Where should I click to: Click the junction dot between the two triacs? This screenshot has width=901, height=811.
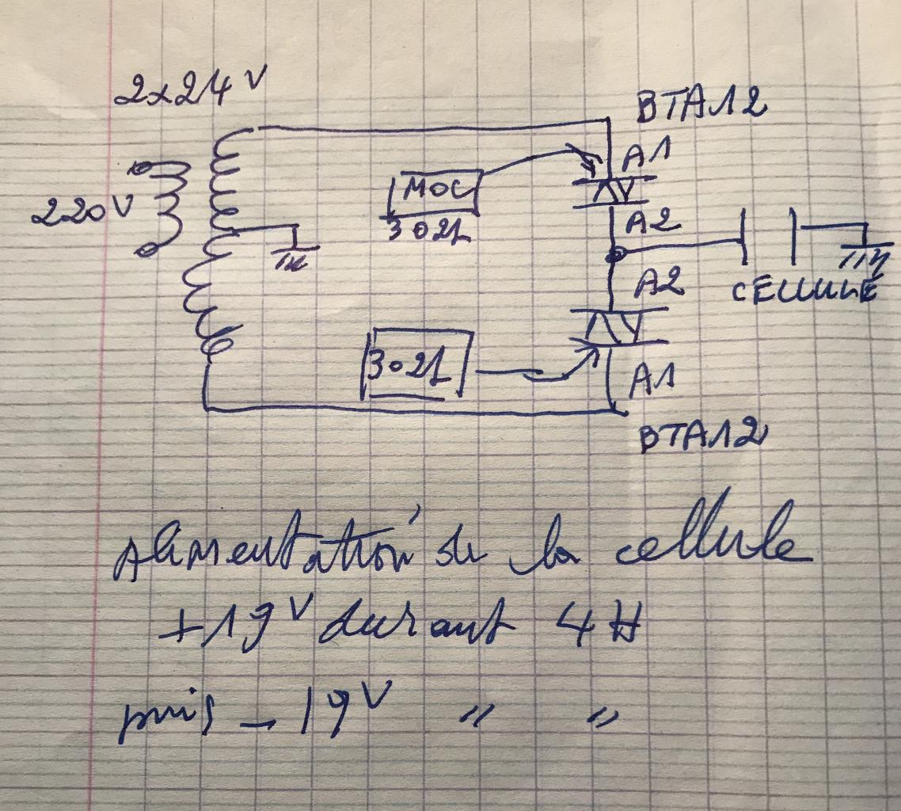pos(615,255)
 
